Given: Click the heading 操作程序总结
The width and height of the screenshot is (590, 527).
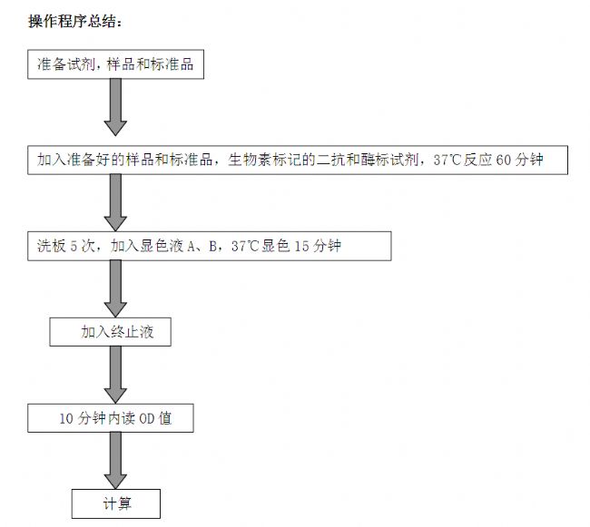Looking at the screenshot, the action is (75, 21).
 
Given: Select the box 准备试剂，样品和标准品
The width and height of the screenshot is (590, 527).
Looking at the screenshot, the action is (116, 64).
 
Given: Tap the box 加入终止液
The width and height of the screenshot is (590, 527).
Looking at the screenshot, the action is (110, 332).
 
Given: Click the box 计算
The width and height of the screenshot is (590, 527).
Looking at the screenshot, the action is (116, 503).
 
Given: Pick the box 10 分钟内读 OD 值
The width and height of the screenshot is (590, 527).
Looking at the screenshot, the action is (111, 418).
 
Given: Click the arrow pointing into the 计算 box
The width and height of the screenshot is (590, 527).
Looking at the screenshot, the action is (115, 461).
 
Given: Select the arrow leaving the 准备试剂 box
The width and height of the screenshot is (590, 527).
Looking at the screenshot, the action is (115, 107).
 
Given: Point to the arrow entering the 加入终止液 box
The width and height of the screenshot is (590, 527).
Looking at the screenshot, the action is (115, 289).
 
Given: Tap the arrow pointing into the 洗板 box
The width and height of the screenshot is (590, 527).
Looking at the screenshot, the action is (115, 202).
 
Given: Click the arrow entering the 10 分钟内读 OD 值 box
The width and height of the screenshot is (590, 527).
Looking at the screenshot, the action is (115, 375).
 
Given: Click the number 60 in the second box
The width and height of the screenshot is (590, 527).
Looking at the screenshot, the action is (504, 161).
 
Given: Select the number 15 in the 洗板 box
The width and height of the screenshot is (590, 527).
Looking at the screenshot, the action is (301, 246).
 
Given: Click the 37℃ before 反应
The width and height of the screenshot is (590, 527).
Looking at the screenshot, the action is (447, 161).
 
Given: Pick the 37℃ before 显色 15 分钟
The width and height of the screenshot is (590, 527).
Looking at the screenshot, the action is (245, 246).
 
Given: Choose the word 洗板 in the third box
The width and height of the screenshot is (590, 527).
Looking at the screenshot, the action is (52, 246).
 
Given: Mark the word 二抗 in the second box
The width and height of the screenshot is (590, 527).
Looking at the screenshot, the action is (331, 160).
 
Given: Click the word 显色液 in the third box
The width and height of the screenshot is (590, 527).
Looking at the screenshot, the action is (162, 246).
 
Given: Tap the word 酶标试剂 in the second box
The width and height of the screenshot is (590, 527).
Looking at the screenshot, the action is (390, 160).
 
